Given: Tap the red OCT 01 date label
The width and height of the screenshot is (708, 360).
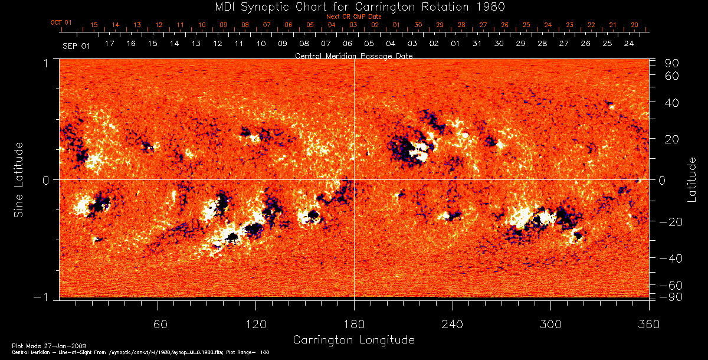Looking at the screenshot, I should coord(61,22).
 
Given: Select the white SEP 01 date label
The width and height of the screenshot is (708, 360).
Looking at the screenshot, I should coord(76,45).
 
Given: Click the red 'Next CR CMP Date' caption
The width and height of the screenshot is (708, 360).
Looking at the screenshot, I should coord(354,17).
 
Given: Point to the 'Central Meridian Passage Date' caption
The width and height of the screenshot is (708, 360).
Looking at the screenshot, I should coord(353,55).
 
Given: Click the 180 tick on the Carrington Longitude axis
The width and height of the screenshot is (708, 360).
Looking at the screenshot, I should coord(354,323).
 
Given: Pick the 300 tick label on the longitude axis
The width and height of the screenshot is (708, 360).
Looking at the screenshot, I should coord(550,323).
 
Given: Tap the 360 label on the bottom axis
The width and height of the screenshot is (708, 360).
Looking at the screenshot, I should coord(648,323).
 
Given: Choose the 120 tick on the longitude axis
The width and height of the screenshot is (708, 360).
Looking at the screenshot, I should coord(255,323).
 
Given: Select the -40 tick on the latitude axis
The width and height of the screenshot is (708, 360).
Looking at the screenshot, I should coord(671,258).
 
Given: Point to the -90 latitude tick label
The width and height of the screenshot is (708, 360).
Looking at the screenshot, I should coord(671,296).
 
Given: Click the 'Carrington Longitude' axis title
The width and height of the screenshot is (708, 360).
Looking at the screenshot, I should coord(353,340).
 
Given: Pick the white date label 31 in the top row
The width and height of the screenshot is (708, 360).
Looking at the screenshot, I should coord(477,44).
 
